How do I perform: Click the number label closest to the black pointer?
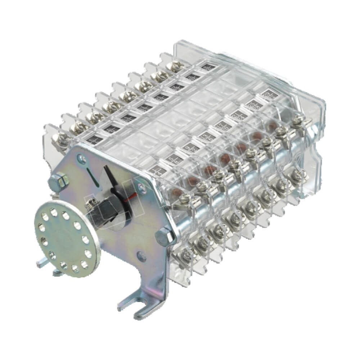(156, 168)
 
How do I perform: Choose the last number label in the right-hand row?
(267, 94)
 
